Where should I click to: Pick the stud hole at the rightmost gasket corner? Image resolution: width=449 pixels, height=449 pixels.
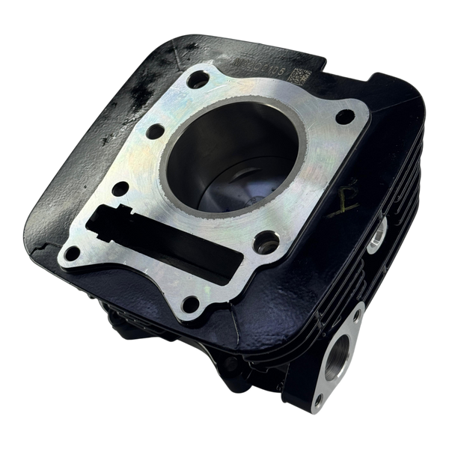(345, 116)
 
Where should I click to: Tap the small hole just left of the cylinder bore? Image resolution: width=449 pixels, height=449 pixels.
(155, 131)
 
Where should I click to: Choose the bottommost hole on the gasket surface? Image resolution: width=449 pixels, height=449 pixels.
(191, 303)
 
